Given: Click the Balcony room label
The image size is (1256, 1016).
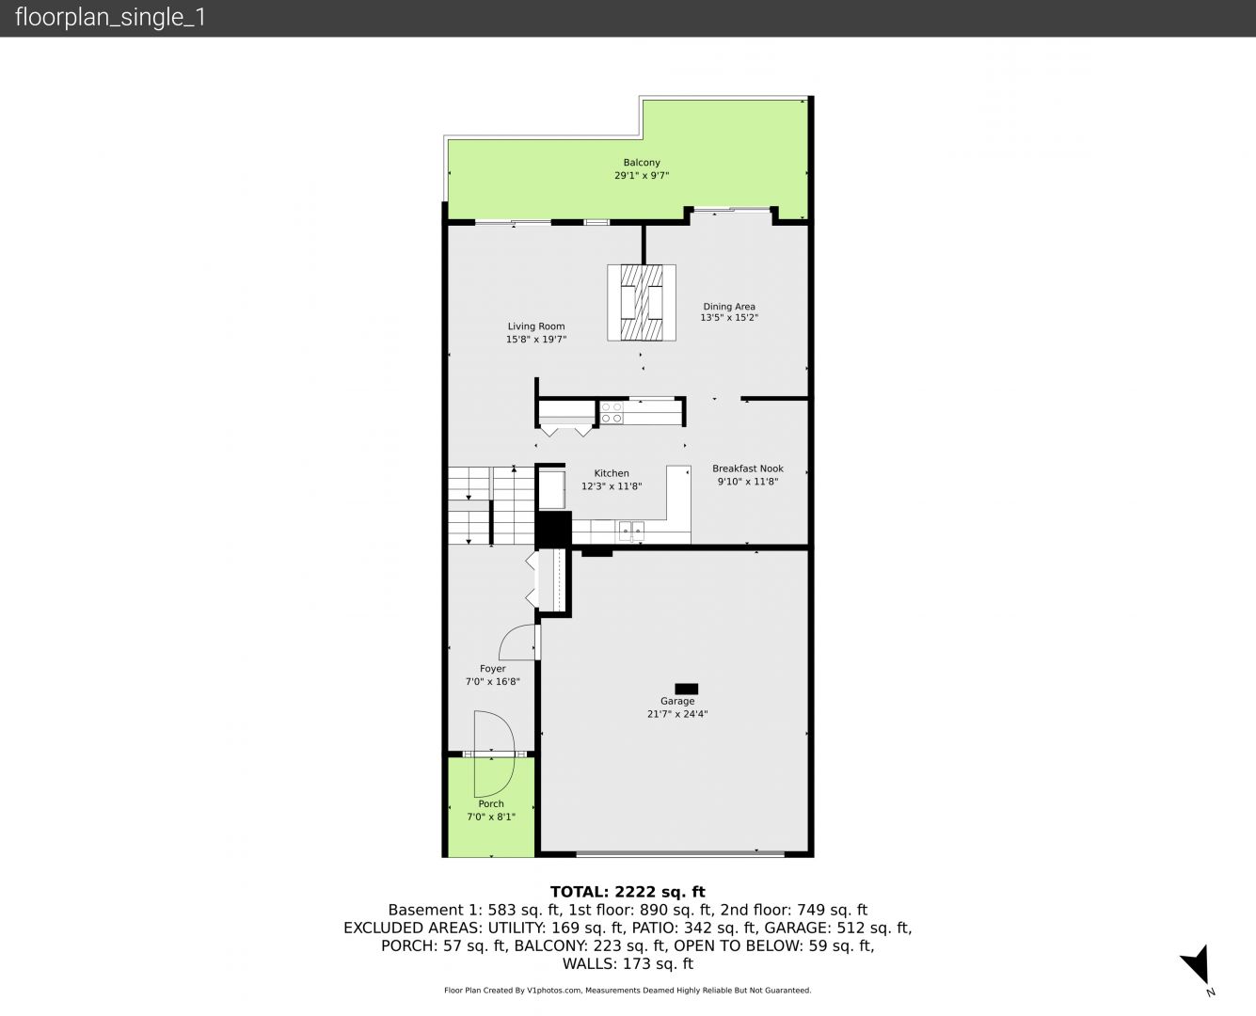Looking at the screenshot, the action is (642, 163).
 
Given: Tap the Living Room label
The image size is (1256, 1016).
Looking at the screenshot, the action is (536, 326).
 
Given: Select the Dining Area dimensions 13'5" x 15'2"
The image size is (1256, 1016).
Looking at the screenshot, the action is (729, 318).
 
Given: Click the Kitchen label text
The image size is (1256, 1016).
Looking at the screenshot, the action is (612, 473).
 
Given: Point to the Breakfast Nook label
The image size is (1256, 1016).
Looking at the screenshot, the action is (748, 468).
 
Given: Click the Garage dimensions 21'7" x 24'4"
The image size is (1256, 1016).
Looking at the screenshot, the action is (677, 714).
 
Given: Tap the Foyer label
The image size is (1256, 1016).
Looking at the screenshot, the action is (492, 669).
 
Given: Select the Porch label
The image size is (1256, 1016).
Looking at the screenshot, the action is (491, 803).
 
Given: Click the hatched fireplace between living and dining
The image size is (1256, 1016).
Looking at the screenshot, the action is (642, 303).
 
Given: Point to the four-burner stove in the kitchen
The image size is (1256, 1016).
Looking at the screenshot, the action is (612, 412).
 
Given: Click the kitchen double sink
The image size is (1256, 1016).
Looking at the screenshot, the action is (631, 532).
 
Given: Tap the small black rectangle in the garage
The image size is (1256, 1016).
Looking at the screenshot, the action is (687, 689).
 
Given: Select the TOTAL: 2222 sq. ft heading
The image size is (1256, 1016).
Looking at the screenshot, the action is (628, 892).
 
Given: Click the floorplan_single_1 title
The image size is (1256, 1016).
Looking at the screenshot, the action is (110, 18).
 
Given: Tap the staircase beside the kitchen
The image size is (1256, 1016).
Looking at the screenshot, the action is (491, 505).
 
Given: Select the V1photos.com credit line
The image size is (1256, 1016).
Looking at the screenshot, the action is (628, 991).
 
